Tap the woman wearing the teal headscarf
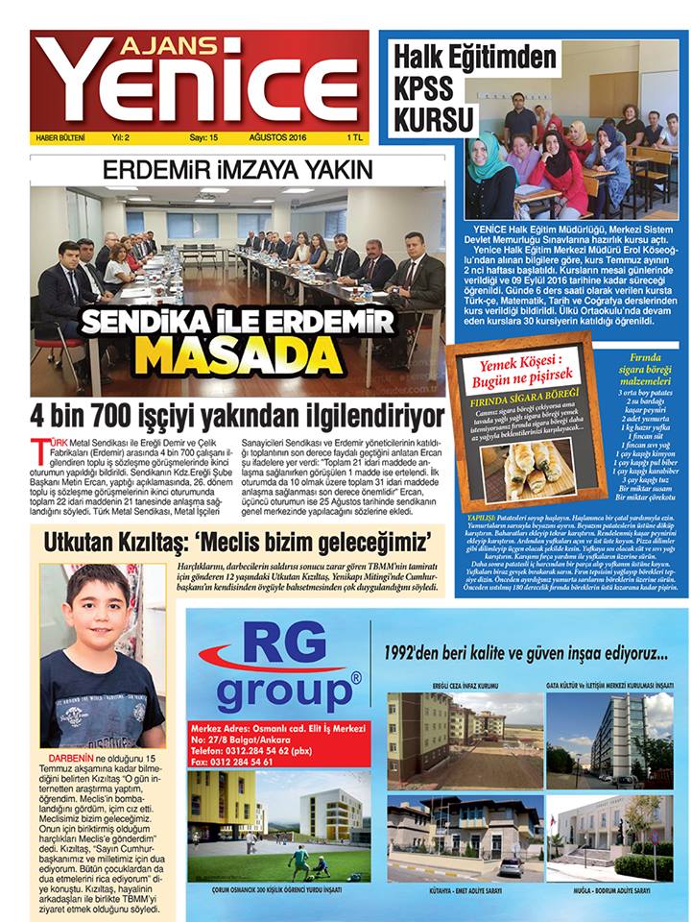pyautogui.click(x=493, y=176)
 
